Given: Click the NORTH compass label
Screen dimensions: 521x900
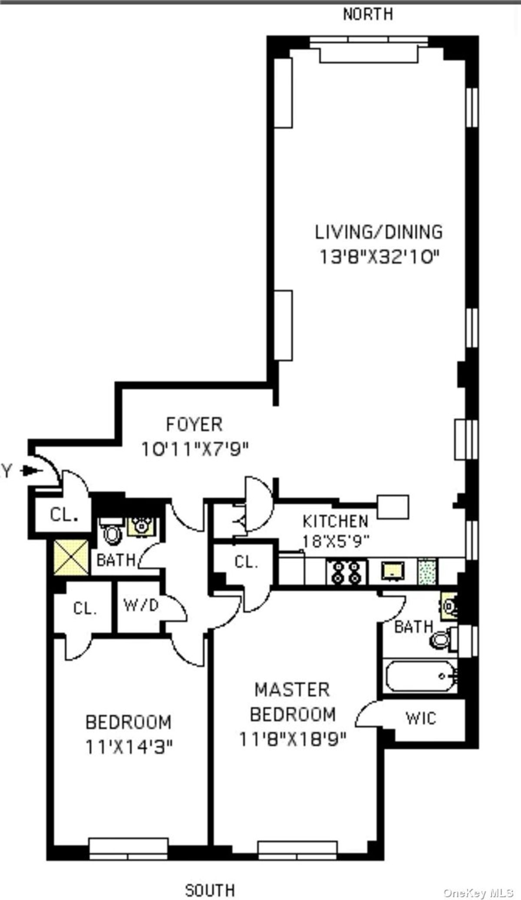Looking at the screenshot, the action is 368,14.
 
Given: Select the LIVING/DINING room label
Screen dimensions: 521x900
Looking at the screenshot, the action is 379,232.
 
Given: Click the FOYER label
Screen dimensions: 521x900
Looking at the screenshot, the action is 194,424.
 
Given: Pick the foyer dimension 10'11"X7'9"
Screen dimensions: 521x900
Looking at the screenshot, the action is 195,449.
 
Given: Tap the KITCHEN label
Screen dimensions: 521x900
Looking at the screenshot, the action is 335,521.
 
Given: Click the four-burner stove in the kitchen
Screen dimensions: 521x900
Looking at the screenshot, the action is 346,572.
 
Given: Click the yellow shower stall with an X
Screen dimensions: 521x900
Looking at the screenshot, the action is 71,558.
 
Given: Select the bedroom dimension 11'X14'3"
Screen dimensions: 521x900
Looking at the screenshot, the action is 129,747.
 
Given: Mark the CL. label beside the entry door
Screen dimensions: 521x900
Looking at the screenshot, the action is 64,515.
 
